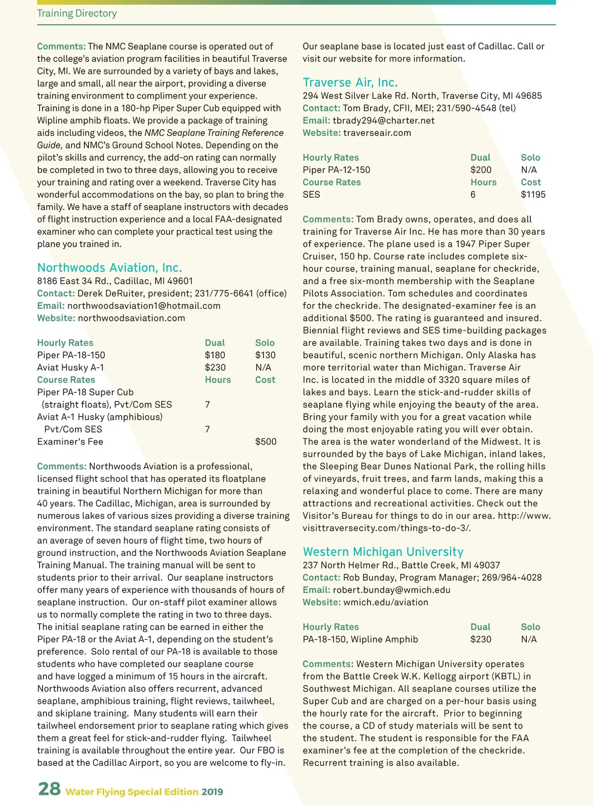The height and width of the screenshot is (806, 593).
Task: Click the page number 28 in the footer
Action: [x=49, y=789]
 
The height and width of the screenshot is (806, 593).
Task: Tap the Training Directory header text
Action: [x=77, y=13]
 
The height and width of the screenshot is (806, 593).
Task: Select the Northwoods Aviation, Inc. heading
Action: [x=110, y=268]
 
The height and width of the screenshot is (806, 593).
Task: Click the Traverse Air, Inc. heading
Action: [x=350, y=83]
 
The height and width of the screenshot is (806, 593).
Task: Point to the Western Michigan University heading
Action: [x=383, y=552]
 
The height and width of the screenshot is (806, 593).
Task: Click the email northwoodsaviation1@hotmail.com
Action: [x=144, y=306]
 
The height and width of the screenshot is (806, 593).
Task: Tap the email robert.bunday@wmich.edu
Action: [x=391, y=590]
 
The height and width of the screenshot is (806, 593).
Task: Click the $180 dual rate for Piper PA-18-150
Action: [x=215, y=355]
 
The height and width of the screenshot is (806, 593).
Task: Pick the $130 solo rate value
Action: [x=265, y=355]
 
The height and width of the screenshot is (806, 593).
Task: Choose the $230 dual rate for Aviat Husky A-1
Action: [x=215, y=368]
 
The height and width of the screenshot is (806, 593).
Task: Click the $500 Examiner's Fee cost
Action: [x=266, y=442]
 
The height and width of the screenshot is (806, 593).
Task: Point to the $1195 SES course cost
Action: [x=533, y=195]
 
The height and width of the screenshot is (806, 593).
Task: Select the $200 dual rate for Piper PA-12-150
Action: [x=481, y=170]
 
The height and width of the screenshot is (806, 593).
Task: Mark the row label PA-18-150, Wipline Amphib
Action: [x=360, y=639]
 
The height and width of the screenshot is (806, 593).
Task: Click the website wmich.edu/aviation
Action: [x=385, y=602]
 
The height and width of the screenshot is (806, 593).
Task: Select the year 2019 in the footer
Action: [x=212, y=792]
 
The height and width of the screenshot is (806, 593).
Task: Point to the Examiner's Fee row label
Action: [x=70, y=442]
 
